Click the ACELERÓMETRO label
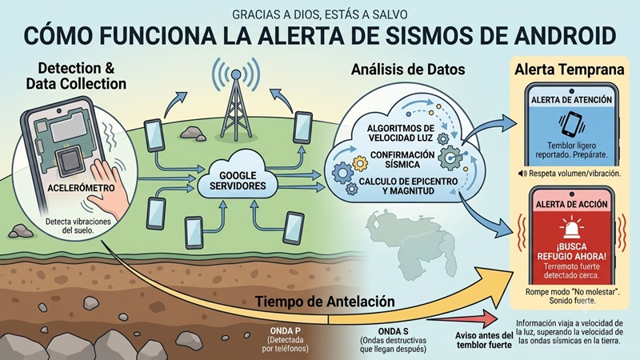[81, 188]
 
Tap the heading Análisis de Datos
[408, 70]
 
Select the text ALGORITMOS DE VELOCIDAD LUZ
[401, 133]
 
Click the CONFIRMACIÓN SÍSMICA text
[397, 159]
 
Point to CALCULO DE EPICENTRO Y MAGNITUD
[408, 186]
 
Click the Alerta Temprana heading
[570, 70]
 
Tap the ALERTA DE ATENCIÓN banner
[571, 100]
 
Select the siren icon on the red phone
[571, 227]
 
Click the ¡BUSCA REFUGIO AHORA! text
[571, 251]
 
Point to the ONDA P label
[286, 330]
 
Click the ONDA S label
[393, 331]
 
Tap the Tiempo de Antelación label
[325, 302]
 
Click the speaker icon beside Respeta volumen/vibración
[522, 174]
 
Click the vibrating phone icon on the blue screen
[571, 124]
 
